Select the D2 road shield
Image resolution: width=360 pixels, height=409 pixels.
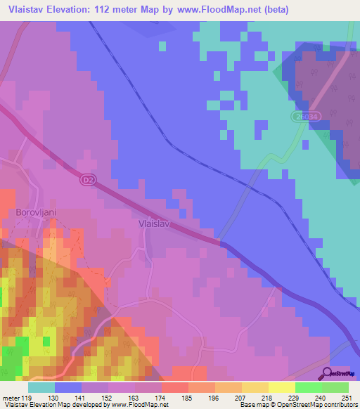pyautogui.click(x=84, y=180)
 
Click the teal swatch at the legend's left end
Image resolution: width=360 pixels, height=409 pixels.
pyautogui.click(x=41, y=387)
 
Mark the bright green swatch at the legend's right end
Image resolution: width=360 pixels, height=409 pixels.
pyautogui.click(x=335, y=387)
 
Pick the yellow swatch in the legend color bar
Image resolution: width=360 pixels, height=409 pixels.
pyautogui.click(x=281, y=387)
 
